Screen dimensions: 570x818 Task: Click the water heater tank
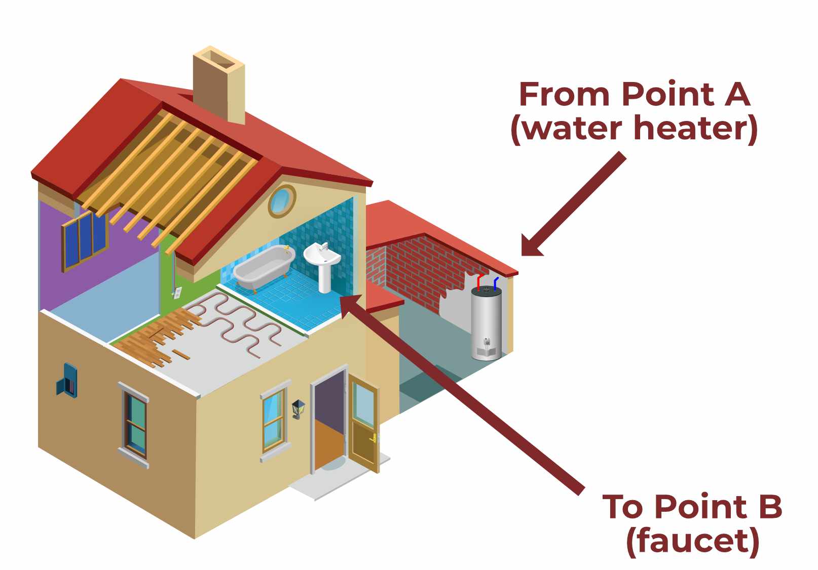click(x=487, y=324)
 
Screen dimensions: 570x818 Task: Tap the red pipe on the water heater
click(x=479, y=281)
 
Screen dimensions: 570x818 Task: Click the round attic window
click(x=281, y=201)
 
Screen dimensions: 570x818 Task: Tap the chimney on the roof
click(x=219, y=84)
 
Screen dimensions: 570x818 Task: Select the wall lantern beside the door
click(x=298, y=408)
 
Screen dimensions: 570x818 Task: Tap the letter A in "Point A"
click(x=736, y=95)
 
